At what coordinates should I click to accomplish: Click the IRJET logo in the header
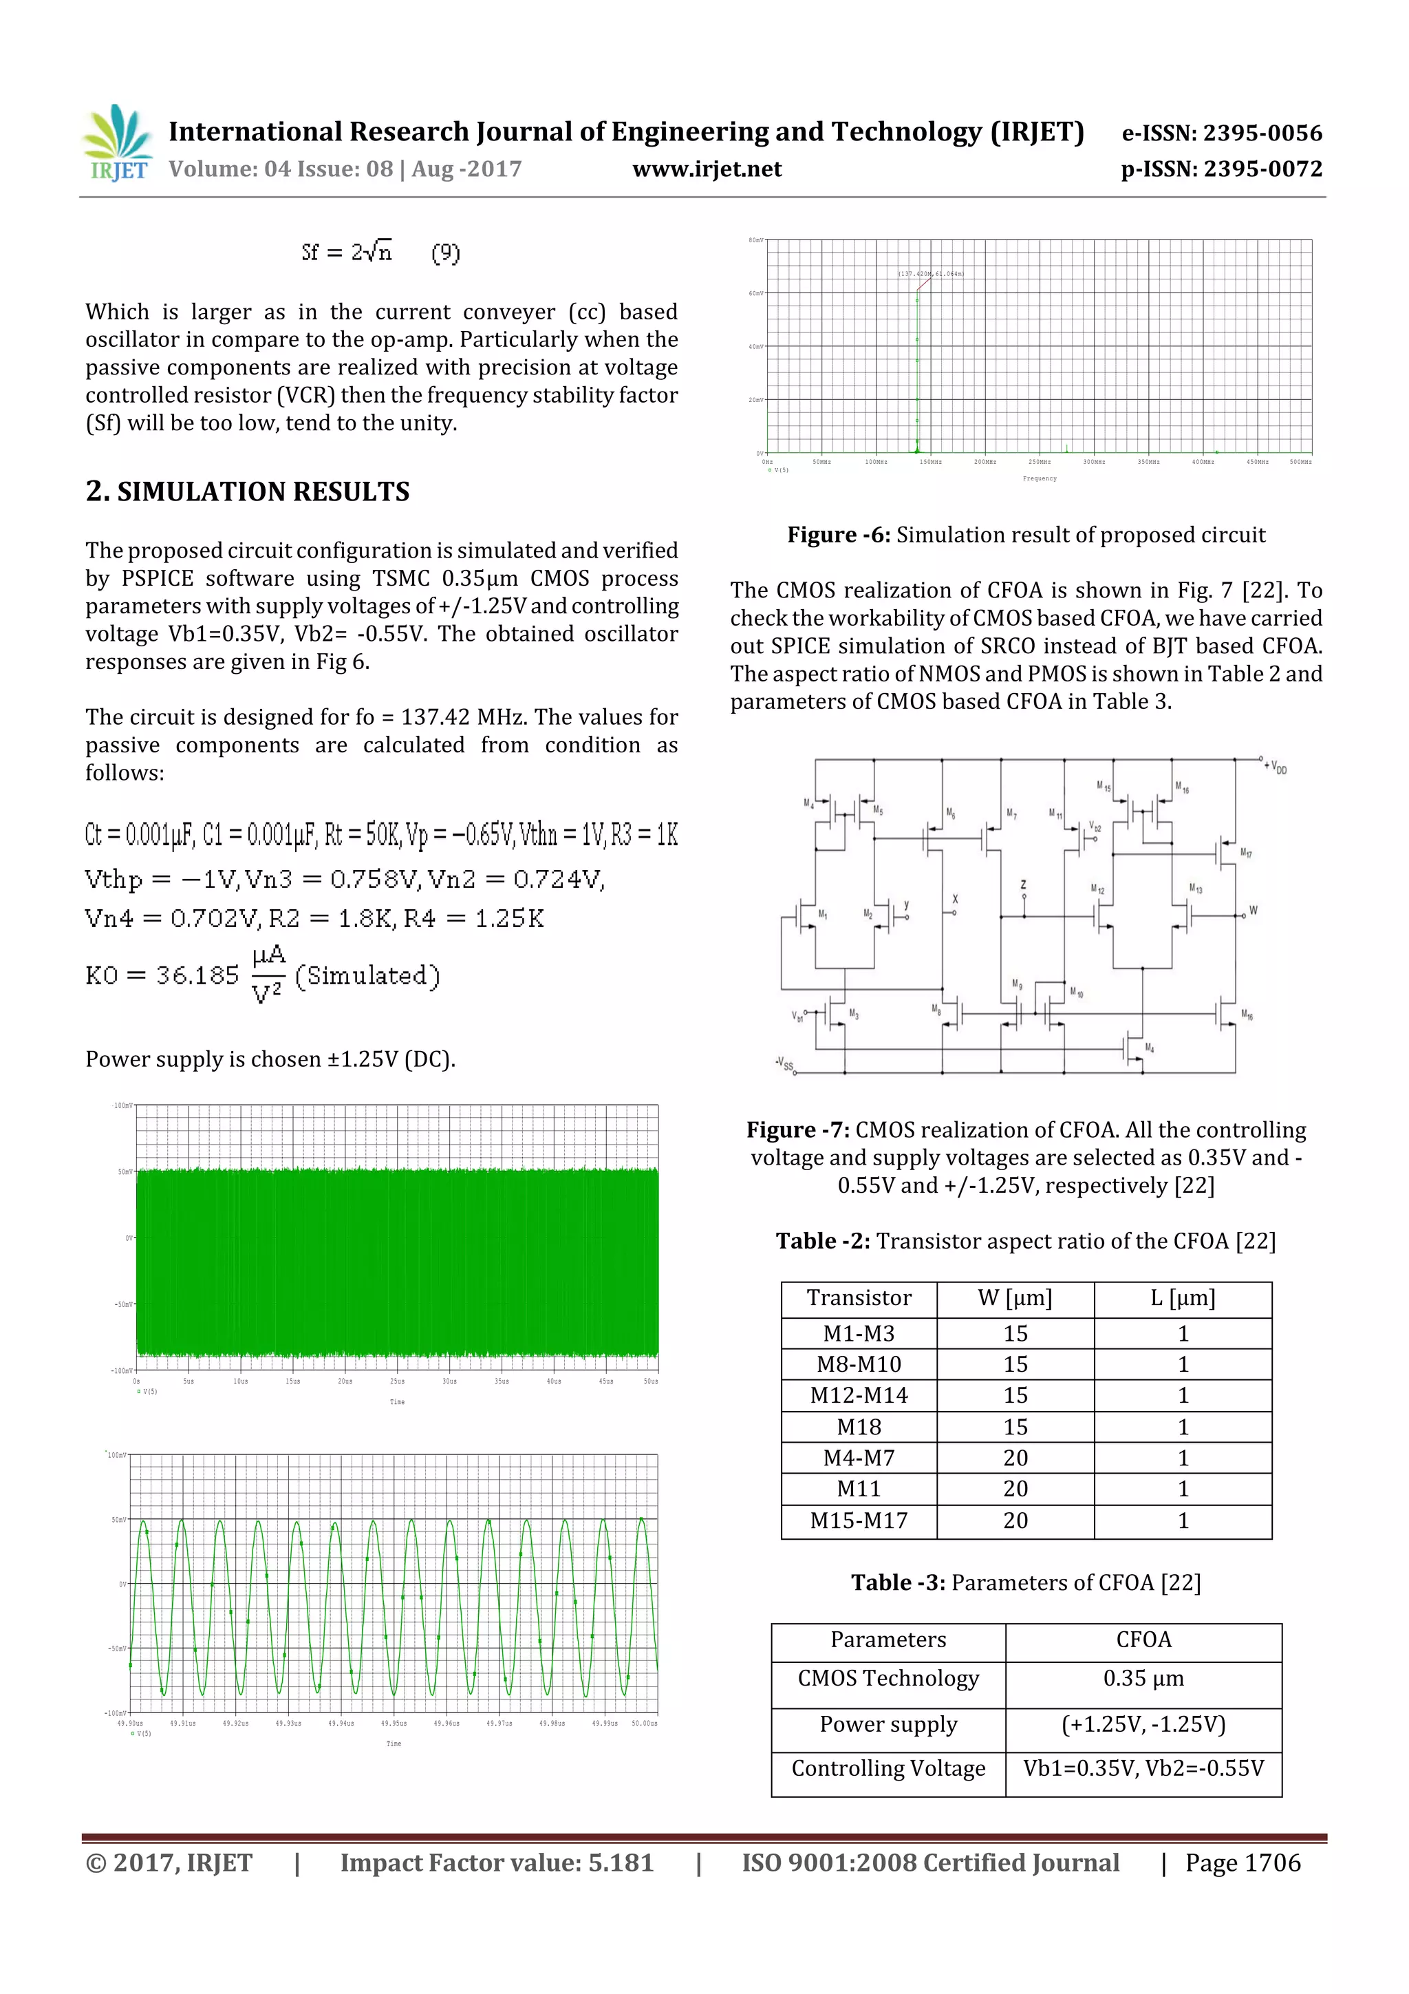coord(117,143)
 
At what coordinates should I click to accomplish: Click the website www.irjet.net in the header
coord(707,169)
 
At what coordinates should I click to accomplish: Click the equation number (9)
coord(445,253)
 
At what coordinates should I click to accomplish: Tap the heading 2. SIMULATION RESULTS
coord(248,491)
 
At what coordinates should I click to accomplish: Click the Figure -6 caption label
coord(838,535)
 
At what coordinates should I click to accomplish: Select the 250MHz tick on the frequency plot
coord(1039,462)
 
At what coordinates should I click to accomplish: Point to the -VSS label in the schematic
coord(784,1064)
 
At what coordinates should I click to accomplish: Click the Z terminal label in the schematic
coord(1024,884)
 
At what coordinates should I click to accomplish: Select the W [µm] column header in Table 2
coord(1014,1298)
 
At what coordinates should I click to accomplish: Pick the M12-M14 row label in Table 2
coord(858,1396)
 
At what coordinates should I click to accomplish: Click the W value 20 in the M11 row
coord(1015,1489)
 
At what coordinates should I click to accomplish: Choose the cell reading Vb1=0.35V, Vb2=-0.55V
coord(1143,1768)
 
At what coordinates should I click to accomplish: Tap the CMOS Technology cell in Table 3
coord(888,1678)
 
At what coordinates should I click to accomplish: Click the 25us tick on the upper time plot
coord(397,1381)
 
